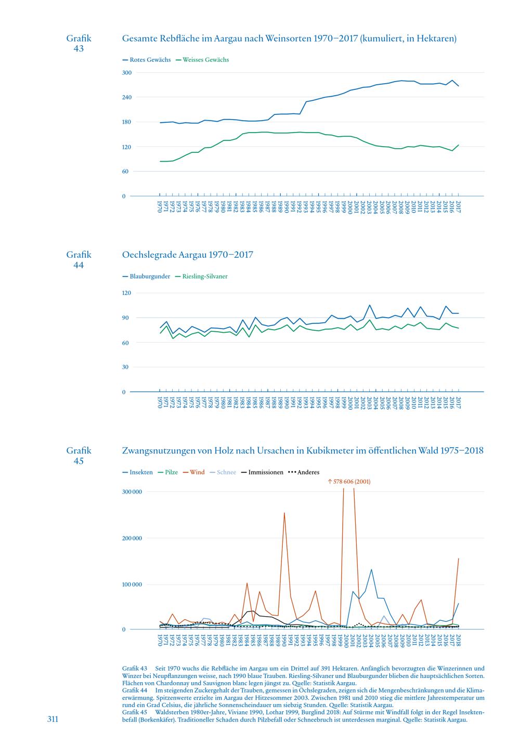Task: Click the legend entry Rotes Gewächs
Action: tap(147, 60)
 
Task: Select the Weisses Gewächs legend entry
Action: tap(202, 60)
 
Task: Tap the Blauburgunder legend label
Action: tap(146, 277)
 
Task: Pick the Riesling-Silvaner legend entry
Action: tap(201, 277)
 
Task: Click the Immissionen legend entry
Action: tap(262, 472)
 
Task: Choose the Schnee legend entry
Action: tap(223, 472)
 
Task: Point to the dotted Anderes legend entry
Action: tap(304, 472)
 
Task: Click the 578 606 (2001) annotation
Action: tap(349, 481)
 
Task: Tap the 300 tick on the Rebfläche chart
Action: tap(127, 73)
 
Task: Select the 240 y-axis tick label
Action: tap(127, 97)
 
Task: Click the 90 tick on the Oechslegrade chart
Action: tap(125, 318)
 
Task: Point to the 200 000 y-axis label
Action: tap(132, 538)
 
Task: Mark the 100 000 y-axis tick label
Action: tap(132, 584)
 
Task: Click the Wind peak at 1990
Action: tap(284, 513)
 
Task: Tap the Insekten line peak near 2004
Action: tap(371, 570)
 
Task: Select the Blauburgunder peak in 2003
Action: tap(370, 305)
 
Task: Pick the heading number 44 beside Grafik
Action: tap(79, 265)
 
